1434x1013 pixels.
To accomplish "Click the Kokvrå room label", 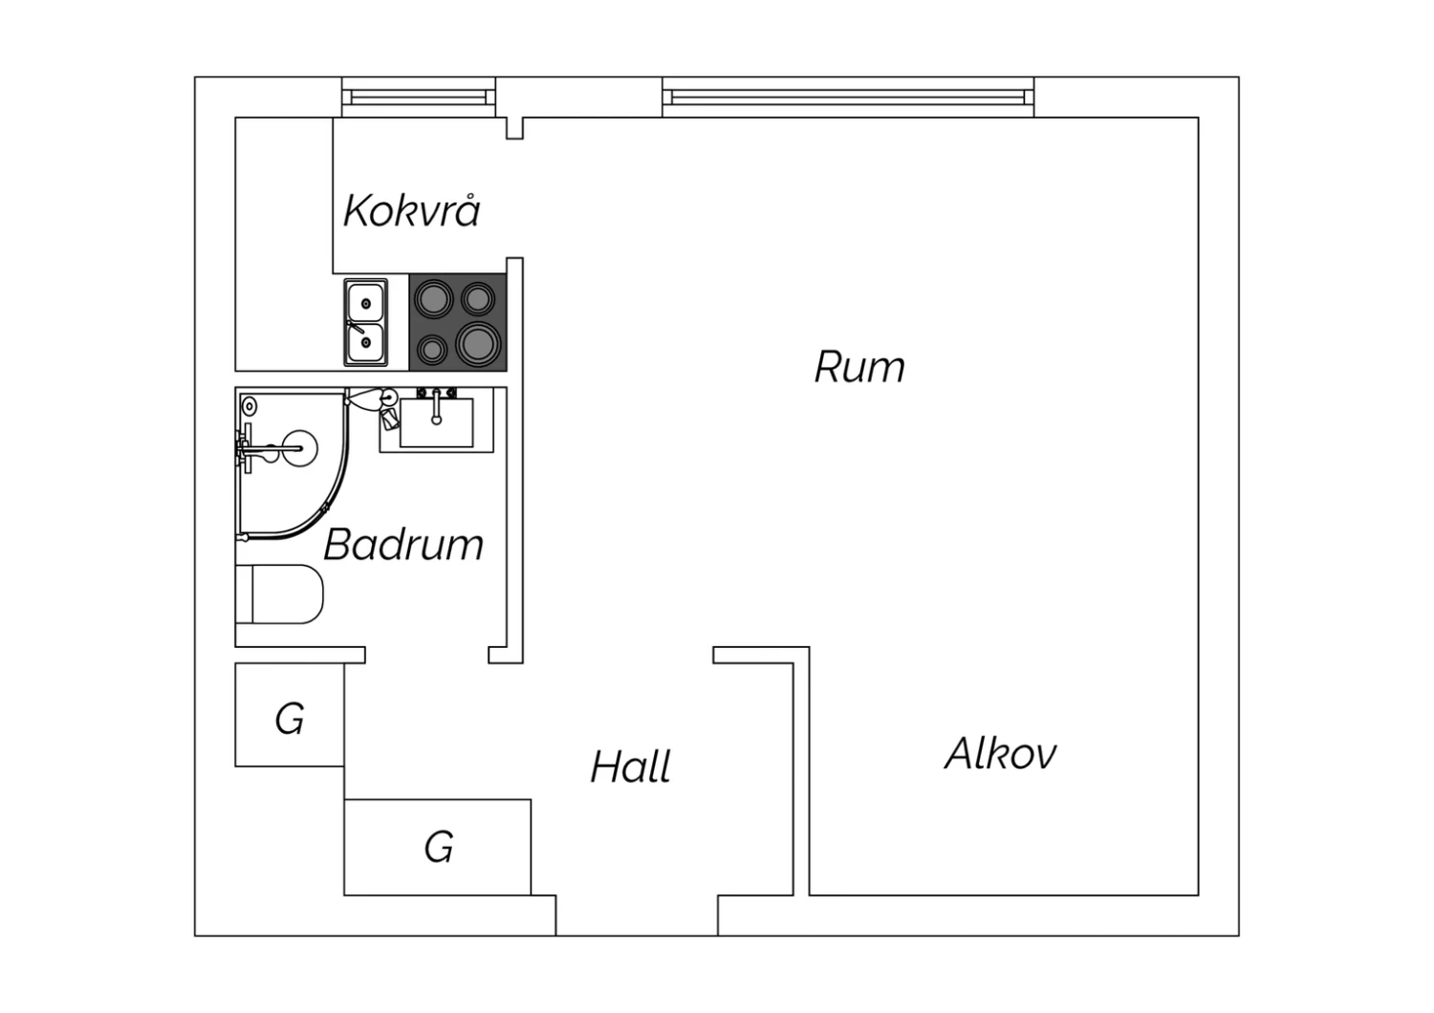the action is [412, 210].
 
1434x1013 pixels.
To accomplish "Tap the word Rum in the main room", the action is [859, 367].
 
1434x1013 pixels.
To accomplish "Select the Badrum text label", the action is [403, 545].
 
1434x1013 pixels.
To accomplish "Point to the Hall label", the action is [631, 766].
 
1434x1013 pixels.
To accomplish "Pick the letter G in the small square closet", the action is [290, 719].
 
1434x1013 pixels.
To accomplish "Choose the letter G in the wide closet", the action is [439, 847].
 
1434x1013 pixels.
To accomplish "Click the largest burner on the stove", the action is [478, 344].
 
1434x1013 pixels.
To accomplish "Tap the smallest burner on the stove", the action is [432, 350].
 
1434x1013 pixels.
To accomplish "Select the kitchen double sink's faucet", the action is [356, 327].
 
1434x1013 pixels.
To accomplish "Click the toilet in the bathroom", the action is [279, 593].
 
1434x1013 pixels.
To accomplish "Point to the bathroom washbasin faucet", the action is [436, 407].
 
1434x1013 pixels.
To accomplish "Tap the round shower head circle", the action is [299, 448].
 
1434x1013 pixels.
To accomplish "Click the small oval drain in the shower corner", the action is [249, 406].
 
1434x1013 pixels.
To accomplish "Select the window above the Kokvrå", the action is [419, 97].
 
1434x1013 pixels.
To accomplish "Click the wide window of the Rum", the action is [848, 97].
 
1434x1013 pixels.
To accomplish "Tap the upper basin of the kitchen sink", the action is [365, 301].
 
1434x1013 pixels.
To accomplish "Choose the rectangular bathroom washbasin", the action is [437, 422].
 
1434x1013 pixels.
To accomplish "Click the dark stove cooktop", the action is [458, 322].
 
